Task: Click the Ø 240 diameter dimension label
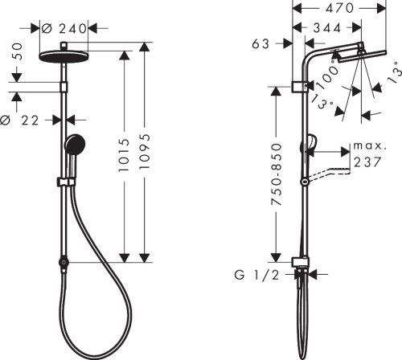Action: coord(64,28)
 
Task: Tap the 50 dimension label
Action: coord(17,51)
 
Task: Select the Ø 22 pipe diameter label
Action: coord(19,121)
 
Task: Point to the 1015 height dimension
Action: coord(124,155)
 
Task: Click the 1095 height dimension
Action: coord(145,151)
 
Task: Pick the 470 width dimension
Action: coord(339,8)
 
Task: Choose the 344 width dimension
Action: coord(327,28)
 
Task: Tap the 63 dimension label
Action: coord(260,44)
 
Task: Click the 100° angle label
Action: coord(327,75)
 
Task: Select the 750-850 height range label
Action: coord(277,174)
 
